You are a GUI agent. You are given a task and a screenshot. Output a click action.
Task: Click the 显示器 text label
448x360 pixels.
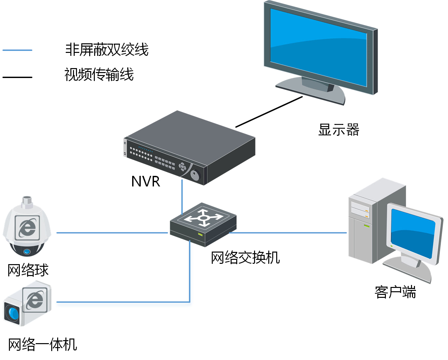point(339,130)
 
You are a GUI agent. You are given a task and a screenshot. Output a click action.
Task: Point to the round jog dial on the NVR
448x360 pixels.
point(196,175)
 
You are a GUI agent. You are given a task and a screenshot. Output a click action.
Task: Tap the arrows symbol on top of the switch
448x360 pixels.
point(203,218)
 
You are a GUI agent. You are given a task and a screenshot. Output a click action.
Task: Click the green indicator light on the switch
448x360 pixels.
point(200,234)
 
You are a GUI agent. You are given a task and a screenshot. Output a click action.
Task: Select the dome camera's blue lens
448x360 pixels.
point(27,252)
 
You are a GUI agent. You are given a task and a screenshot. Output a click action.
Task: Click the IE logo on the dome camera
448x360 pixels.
point(27,228)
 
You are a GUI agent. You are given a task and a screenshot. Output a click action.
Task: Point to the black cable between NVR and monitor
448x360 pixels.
point(269,112)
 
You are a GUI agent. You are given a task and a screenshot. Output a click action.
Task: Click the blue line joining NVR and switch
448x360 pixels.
point(182,197)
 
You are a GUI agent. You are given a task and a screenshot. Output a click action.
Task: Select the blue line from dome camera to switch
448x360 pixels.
point(112,233)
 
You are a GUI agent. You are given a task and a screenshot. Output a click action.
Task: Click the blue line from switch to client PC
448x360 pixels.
point(287,233)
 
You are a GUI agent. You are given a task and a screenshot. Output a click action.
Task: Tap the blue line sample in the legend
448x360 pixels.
point(17,50)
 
